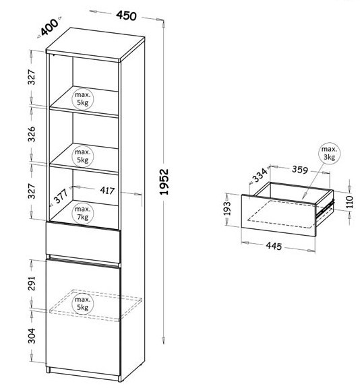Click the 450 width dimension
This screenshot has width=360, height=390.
coord(126,15)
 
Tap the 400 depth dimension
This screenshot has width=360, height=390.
coord(49,27)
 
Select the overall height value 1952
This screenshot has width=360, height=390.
coord(164,182)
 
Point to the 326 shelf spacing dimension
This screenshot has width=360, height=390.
coord(32,134)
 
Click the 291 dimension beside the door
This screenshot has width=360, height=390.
coord(32,283)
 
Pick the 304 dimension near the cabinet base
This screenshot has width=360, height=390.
coord(32,336)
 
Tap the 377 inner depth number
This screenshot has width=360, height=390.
coord(61,196)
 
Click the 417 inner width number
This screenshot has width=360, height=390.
coord(107,191)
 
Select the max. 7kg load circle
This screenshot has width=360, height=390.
coord(82,214)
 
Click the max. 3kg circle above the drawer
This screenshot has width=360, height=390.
coord(329,153)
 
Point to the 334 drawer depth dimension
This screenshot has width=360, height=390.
coord(260,175)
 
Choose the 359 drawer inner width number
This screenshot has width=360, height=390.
coord(300,170)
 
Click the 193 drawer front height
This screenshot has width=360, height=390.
coord(227,208)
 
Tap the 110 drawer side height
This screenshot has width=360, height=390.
coord(350,201)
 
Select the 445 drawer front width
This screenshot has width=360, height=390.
coord(274,246)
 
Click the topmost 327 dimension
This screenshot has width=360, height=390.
coord(32,77)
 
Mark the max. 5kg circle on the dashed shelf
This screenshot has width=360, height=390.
coord(82,304)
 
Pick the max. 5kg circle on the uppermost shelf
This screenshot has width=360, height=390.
coord(82,99)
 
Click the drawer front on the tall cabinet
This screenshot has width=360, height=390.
coord(83,242)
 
